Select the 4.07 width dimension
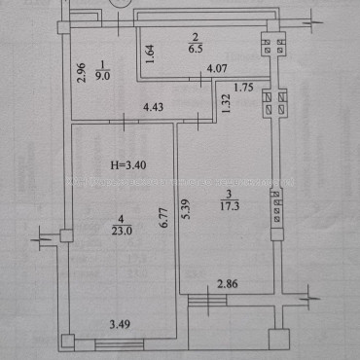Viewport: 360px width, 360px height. [x=217, y=69]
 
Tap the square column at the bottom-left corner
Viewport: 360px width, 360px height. [x=67, y=342]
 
